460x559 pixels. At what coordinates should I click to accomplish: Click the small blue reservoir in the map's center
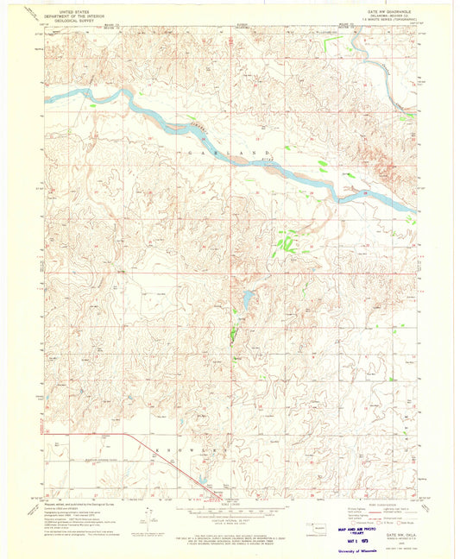pyautogui.click(x=247, y=298)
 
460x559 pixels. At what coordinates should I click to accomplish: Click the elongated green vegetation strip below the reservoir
pyautogui.click(x=234, y=328)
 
